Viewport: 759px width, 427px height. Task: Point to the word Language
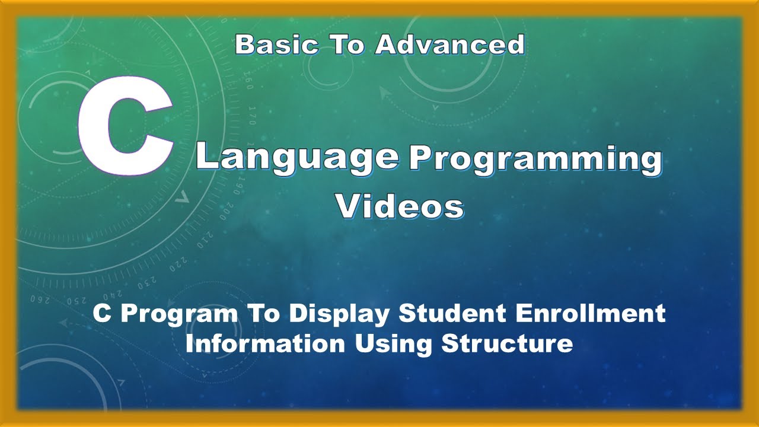pyautogui.click(x=298, y=157)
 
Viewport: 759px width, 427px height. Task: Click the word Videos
pyautogui.click(x=400, y=206)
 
